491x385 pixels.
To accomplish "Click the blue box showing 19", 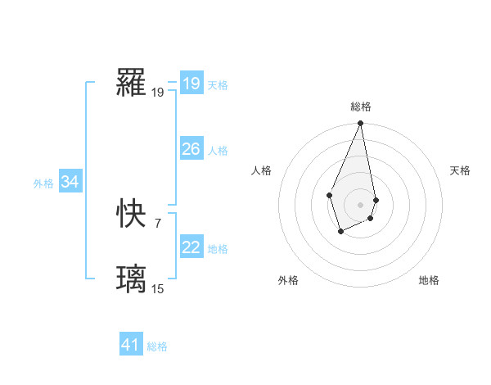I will click(x=191, y=83).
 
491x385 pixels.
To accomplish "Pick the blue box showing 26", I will click(x=191, y=149).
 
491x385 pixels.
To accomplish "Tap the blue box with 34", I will click(x=70, y=182).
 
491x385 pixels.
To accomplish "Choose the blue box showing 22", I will click(x=191, y=247).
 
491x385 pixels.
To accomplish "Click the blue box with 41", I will click(x=131, y=345).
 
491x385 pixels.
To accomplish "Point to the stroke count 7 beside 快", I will click(x=157, y=223).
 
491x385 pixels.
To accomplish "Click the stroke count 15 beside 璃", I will click(x=157, y=288).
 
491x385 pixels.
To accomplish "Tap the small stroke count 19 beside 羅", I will click(x=157, y=93).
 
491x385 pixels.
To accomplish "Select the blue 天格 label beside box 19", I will click(x=218, y=84).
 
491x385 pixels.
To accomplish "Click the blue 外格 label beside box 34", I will click(x=43, y=183).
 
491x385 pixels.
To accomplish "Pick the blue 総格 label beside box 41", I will click(x=157, y=346).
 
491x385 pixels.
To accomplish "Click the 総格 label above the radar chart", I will click(x=361, y=106).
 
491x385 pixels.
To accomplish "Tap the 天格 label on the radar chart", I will click(x=460, y=170).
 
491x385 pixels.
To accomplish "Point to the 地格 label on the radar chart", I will click(x=429, y=280).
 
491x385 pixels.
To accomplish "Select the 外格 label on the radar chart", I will click(x=288, y=280).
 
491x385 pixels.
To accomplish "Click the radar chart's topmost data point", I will click(x=361, y=124).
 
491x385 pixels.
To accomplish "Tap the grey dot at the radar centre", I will click(x=361, y=204).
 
